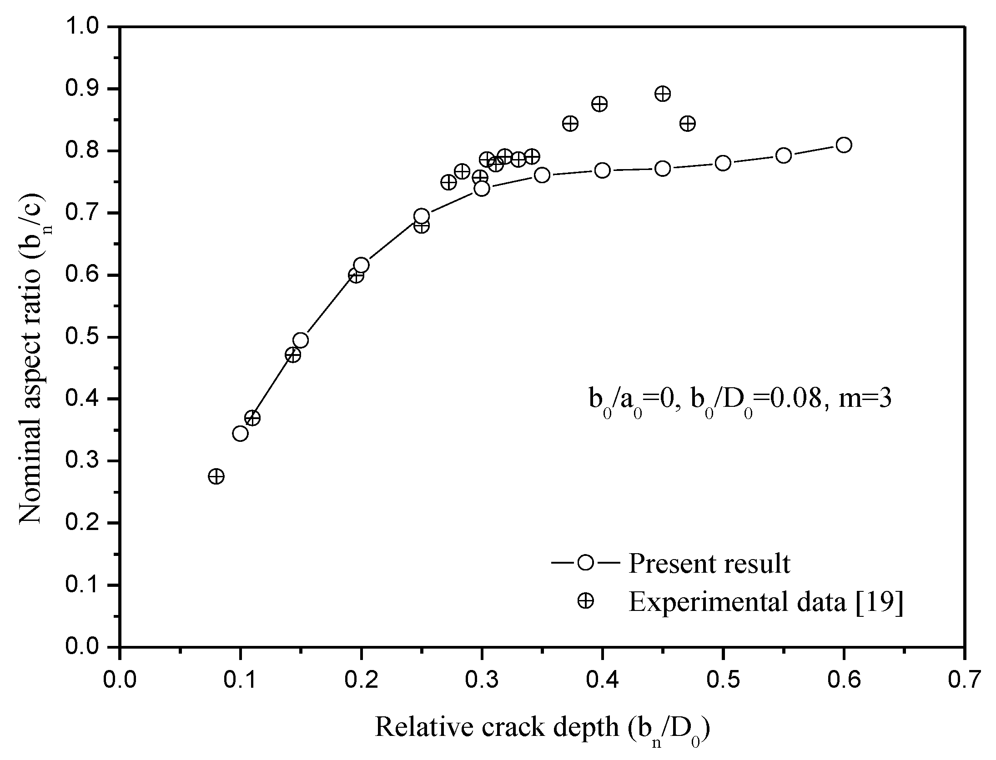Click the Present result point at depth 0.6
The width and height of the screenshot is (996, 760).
pyautogui.click(x=844, y=145)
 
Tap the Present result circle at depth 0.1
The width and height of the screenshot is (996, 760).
pyautogui.click(x=240, y=433)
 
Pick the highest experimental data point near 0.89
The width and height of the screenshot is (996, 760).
pyautogui.click(x=663, y=94)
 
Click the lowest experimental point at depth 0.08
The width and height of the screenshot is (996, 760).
pyautogui.click(x=216, y=476)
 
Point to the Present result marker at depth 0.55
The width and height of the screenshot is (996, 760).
pyautogui.click(x=783, y=155)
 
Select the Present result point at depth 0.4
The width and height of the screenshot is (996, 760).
pyautogui.click(x=602, y=170)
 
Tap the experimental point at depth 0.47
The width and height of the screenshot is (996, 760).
pyautogui.click(x=688, y=123)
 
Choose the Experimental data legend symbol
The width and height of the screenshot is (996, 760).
pyautogui.click(x=586, y=601)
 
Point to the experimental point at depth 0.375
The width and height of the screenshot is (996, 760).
pyautogui.click(x=570, y=123)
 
